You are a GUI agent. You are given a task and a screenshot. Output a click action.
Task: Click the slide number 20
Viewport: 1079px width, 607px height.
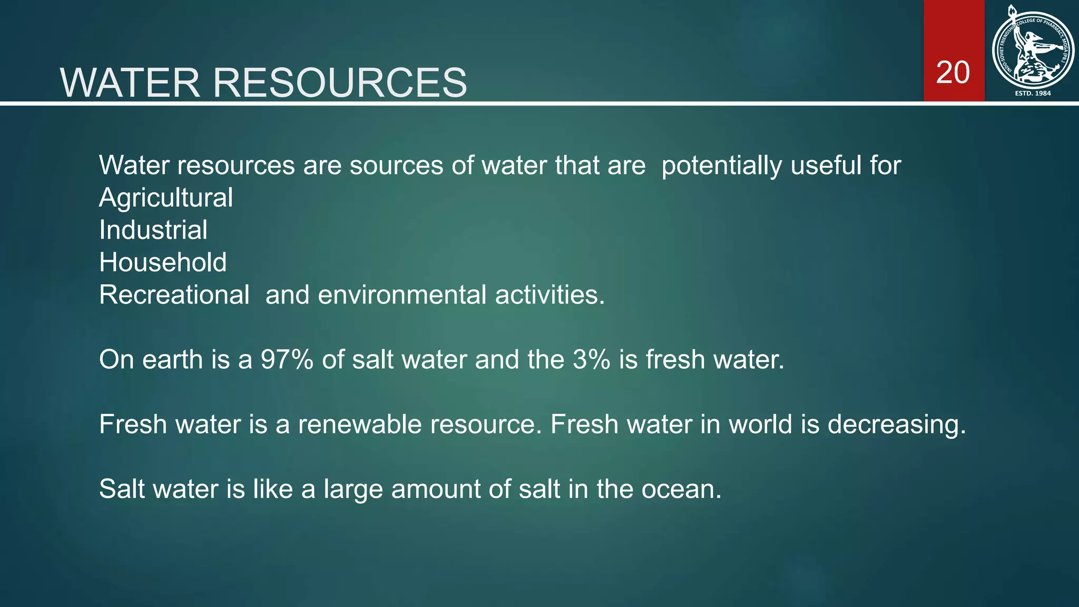coord(953,73)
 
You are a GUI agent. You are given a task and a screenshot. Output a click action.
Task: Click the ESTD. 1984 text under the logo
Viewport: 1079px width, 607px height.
coord(1033,93)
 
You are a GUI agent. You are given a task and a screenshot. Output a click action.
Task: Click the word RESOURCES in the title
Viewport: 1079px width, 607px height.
coord(339,83)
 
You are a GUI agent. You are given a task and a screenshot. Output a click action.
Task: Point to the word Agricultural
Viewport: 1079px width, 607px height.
coord(166,198)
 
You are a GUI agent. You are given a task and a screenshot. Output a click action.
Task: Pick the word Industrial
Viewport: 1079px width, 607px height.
coord(153,230)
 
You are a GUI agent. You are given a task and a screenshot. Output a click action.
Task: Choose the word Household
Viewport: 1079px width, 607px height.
coord(163,262)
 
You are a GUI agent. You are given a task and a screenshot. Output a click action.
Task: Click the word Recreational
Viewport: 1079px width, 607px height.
coord(174,295)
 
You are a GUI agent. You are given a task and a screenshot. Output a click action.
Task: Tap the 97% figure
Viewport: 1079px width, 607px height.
coord(287,359)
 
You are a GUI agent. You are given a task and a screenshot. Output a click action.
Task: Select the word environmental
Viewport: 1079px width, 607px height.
coord(402,295)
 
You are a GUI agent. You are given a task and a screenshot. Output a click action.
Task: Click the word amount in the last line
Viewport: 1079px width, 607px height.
coord(435,489)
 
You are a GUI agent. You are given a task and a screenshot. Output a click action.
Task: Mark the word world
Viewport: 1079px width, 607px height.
coord(760,424)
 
